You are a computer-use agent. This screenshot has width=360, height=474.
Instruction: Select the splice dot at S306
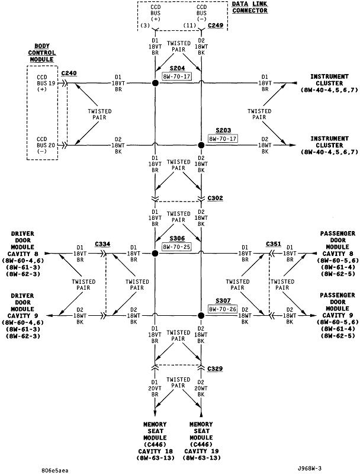(x=155, y=253)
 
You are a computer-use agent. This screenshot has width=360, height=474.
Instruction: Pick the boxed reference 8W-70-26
(x=223, y=309)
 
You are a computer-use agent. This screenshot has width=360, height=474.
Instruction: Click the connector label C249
(x=216, y=26)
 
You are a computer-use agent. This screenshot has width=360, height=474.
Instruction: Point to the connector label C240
(x=69, y=73)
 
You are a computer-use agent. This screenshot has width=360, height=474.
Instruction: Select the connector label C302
(x=216, y=198)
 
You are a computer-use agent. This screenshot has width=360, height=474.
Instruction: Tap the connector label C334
(x=102, y=244)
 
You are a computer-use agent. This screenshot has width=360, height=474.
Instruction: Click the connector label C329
(x=216, y=369)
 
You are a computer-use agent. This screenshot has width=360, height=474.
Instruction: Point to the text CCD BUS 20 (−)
(x=42, y=144)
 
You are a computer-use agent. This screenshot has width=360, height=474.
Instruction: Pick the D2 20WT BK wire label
(x=201, y=387)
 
